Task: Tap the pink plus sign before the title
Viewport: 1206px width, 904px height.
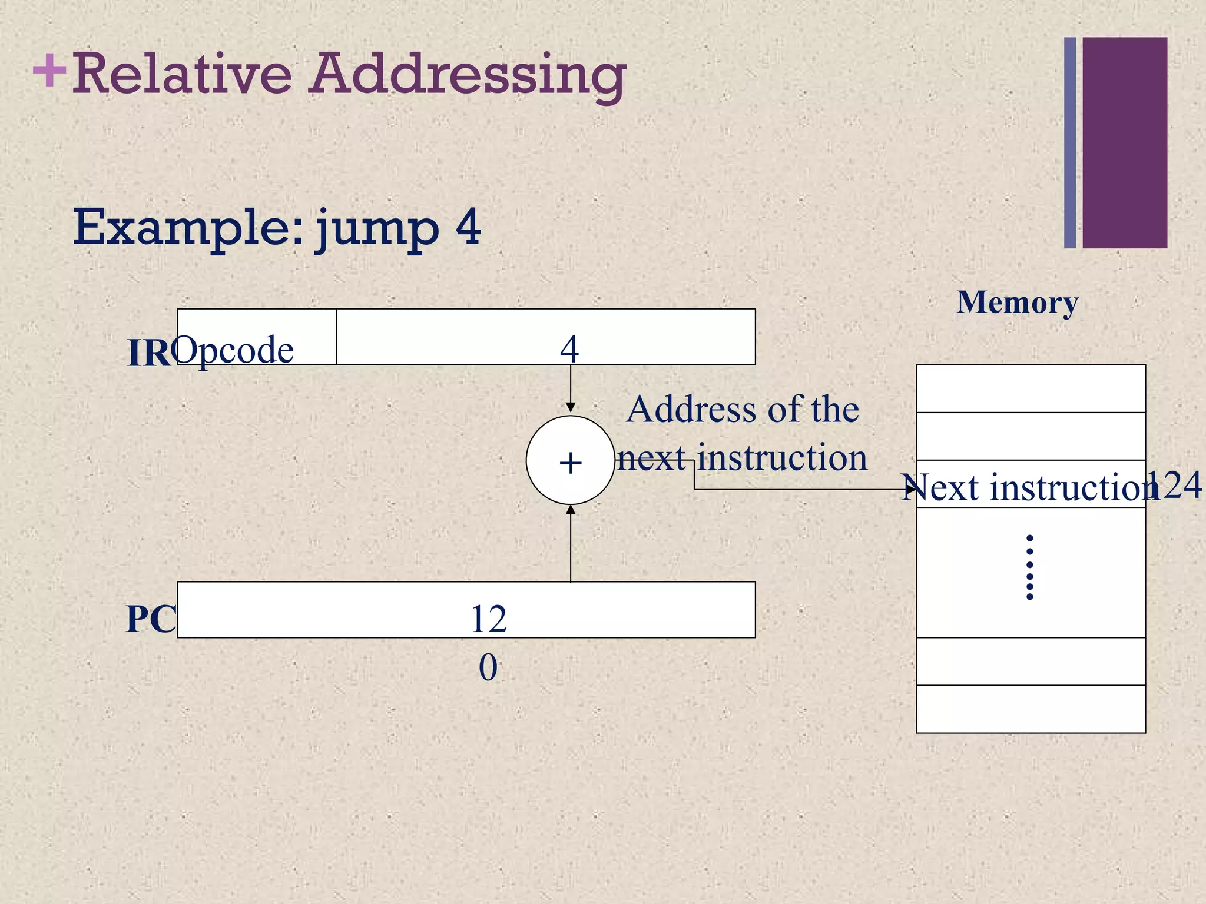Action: (49, 70)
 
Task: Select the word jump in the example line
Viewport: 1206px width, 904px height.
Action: (377, 228)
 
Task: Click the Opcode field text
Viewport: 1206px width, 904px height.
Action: (233, 351)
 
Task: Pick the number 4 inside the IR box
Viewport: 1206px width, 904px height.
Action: (569, 349)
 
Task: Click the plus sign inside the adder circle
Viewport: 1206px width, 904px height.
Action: (570, 463)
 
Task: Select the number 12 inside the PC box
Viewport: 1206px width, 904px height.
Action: (488, 619)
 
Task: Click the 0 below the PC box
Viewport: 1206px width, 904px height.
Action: (488, 668)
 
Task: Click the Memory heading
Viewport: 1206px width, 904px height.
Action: (1018, 303)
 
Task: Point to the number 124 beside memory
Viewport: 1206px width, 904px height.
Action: (1175, 486)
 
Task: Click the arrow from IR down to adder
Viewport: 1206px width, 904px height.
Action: (570, 388)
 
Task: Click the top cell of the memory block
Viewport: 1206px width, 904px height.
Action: (1031, 388)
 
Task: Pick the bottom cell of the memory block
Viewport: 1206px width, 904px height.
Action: (1031, 709)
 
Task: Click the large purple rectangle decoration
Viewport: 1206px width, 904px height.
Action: (1125, 142)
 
